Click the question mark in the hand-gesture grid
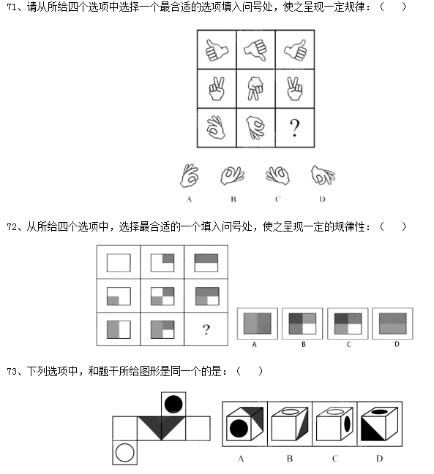tap(294, 128)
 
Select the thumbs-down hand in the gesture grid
tap(255, 50)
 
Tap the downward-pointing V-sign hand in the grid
tap(255, 88)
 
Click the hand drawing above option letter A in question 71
tap(190, 175)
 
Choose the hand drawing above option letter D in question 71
tap(323, 175)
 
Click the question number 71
tap(12, 7)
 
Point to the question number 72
tap(12, 226)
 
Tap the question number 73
tap(12, 371)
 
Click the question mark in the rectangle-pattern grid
tap(206, 329)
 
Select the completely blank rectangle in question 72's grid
tap(119, 263)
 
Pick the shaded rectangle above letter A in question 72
tap(258, 324)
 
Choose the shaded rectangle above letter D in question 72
tap(393, 324)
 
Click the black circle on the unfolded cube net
tap(173, 404)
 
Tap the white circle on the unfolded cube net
tap(124, 453)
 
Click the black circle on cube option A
tap(239, 429)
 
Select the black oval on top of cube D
tap(381, 411)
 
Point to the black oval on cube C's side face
tap(347, 424)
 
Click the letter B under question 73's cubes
tap(290, 459)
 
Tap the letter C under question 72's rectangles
tap(348, 344)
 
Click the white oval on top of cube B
tap(290, 411)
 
